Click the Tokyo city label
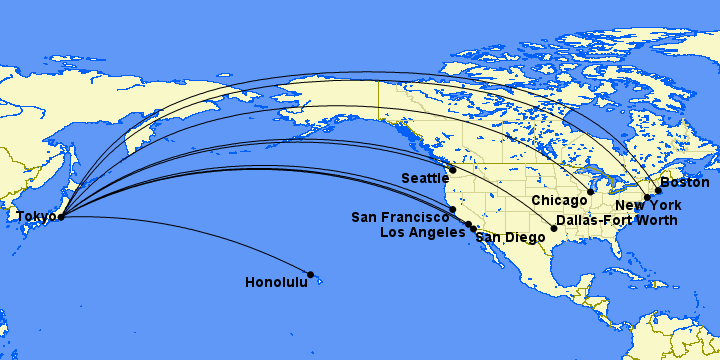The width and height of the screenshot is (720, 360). point(34,215)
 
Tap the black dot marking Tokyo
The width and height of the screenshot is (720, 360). point(62,216)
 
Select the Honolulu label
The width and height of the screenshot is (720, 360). point(276,283)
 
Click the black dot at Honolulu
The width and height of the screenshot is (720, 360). point(311,274)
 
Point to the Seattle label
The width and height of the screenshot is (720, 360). point(426,178)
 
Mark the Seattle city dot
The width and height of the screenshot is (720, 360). point(453,170)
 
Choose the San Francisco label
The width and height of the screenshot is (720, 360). point(400,217)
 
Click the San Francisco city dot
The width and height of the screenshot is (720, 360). point(453,210)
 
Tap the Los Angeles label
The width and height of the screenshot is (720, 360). point(424,233)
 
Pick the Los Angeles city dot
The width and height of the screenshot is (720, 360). point(468,225)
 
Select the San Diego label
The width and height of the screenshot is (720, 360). point(511,238)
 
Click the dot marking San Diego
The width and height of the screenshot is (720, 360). point(474,230)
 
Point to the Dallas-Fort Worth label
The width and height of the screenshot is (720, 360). point(616,220)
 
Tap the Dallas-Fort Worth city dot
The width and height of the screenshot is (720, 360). point(554,229)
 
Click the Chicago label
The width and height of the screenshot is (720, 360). point(559,201)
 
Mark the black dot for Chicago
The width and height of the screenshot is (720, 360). point(591,191)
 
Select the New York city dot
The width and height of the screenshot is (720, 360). point(647,197)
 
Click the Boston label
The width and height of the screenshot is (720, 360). point(685,183)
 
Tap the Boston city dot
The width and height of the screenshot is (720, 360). point(658,190)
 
